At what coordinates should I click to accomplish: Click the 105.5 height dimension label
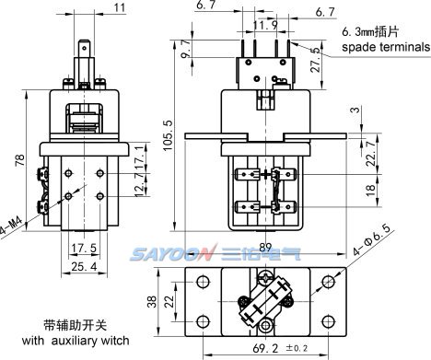click(x=168, y=135)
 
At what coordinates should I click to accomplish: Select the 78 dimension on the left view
click(x=20, y=160)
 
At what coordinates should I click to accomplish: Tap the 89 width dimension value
click(x=265, y=247)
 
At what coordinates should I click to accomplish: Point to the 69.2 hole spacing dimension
click(x=265, y=348)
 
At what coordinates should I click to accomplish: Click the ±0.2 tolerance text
click(x=297, y=348)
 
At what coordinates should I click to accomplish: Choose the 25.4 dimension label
click(x=84, y=266)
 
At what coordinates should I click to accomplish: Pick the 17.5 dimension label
click(x=84, y=248)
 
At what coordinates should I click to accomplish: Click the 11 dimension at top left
click(x=120, y=8)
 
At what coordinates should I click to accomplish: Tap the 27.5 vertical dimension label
click(x=317, y=60)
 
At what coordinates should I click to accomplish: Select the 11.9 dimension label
click(x=265, y=25)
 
